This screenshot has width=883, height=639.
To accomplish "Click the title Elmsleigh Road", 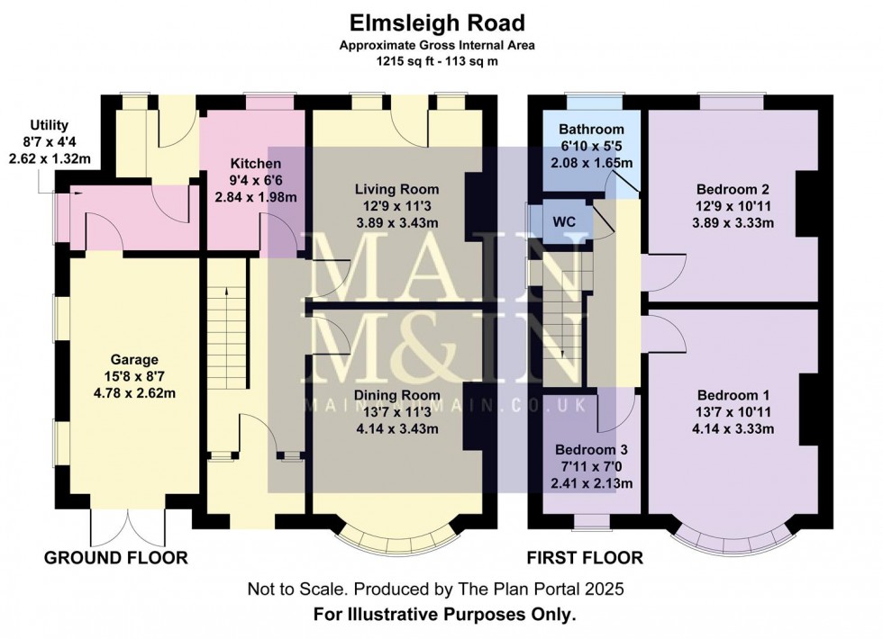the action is pyautogui.click(x=437, y=23).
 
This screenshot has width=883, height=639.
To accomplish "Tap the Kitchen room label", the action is pyautogui.click(x=256, y=164).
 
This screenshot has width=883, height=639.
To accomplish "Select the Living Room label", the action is pyautogui.click(x=397, y=189).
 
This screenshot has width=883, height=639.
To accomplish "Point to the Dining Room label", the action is pyautogui.click(x=397, y=395).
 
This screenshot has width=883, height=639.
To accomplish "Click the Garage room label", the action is pyautogui.click(x=134, y=359).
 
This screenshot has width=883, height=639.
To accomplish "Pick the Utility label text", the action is pyautogui.click(x=50, y=125).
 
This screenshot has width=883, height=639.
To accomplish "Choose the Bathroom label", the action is pyautogui.click(x=591, y=130).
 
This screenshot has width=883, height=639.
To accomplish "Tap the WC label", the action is pyautogui.click(x=564, y=221).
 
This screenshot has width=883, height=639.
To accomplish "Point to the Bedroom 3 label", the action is pyautogui.click(x=591, y=450).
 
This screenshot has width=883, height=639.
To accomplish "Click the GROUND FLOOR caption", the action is pyautogui.click(x=116, y=558).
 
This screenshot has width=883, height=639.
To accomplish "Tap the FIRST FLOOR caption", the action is pyautogui.click(x=585, y=558).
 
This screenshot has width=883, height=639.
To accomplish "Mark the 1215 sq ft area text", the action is pyautogui.click(x=402, y=61).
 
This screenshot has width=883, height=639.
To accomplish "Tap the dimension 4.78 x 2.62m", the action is pyautogui.click(x=134, y=393).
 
